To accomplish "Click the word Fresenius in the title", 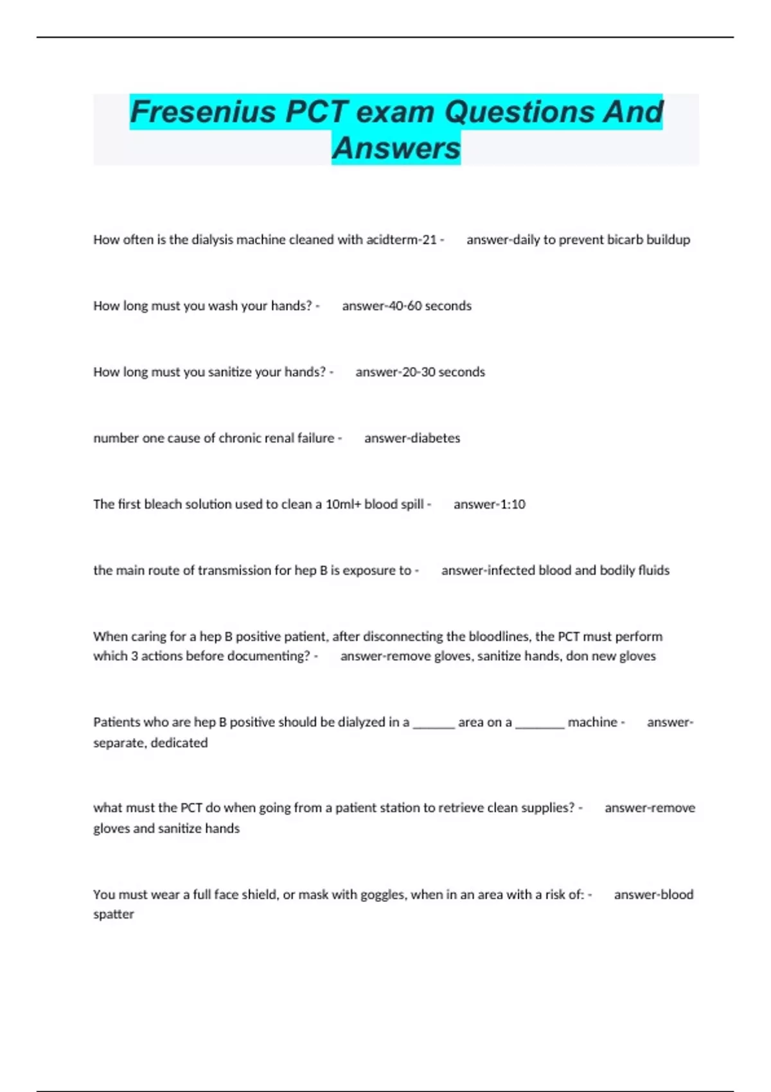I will tap(203, 112).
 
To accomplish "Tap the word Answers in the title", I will tap(396, 148).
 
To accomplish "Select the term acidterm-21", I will tap(402, 240).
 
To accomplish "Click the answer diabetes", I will tap(435, 438).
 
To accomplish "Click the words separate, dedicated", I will tap(150, 743).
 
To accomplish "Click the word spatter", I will tap(114, 914).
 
